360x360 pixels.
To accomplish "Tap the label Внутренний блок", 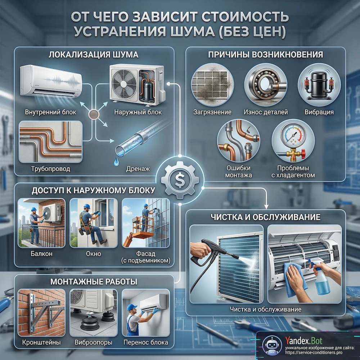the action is (50, 112).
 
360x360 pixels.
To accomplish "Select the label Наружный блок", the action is (138, 112).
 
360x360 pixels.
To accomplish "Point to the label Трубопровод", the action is (50, 169).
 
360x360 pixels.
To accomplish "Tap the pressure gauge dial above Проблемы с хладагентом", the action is (293, 134).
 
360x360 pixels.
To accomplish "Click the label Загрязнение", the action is (212, 112).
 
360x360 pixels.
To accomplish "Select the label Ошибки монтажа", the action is (238, 171).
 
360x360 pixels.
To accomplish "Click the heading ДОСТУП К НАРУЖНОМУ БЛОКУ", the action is (93, 190).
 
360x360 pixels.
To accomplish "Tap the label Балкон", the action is (41, 254).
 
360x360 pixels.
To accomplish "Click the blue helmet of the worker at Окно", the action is (87, 206).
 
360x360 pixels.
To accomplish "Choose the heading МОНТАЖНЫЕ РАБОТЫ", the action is (94, 282).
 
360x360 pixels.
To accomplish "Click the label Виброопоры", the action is (94, 343).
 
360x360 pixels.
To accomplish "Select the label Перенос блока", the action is (146, 343).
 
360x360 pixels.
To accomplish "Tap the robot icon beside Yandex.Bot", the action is (272, 346).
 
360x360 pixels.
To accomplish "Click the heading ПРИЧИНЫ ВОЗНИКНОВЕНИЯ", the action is (266, 55).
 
